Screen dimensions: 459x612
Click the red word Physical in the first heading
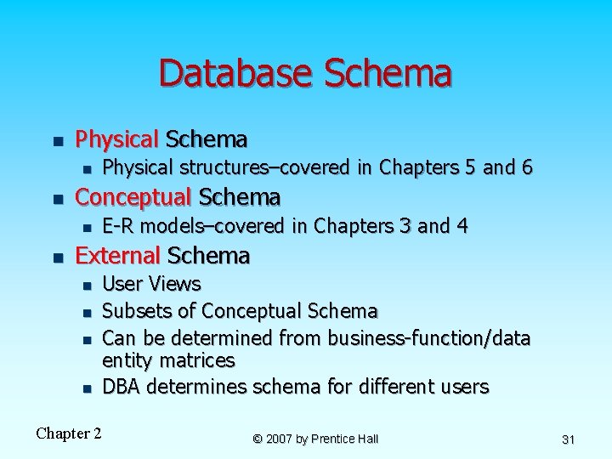[117, 139]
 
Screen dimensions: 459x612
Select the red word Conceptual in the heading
[133, 197]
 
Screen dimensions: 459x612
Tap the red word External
[118, 255]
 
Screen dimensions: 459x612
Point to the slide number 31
[569, 439]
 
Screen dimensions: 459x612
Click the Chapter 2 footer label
[69, 433]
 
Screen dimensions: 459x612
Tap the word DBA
[121, 388]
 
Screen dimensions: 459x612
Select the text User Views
[151, 284]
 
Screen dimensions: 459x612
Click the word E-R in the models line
[117, 226]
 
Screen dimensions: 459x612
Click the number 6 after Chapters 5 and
[527, 168]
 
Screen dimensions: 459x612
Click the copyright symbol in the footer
[258, 439]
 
